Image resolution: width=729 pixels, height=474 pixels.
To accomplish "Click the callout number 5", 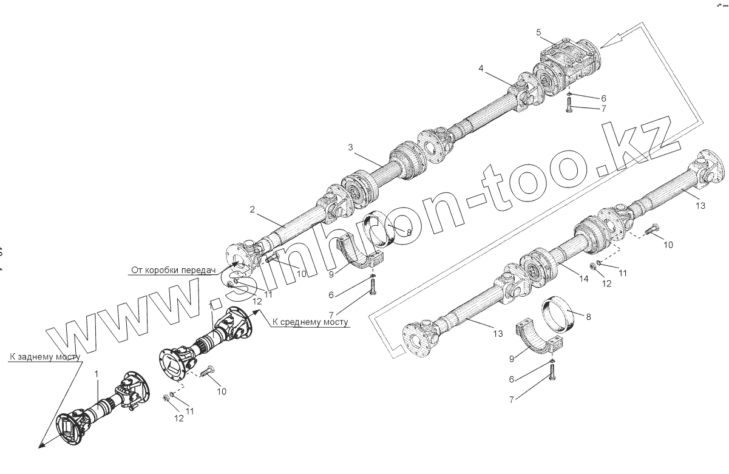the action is tap(538, 32).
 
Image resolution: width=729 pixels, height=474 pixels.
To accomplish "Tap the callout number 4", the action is tap(481, 69).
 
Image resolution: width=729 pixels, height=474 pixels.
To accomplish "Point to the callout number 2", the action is tap(251, 210).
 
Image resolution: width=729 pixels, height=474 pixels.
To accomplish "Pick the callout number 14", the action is tap(583, 279).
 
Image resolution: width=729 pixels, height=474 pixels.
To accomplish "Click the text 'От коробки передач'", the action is tap(173, 270).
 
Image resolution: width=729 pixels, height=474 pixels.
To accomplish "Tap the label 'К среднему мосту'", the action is tap(310, 322).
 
